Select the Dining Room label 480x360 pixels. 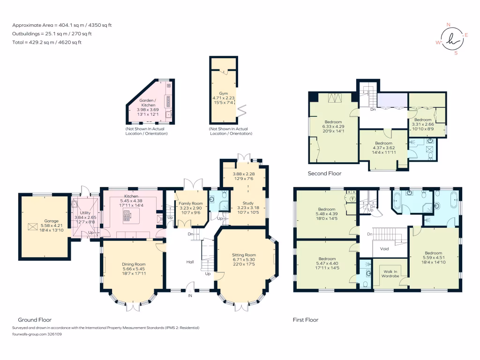click(x=134, y=264)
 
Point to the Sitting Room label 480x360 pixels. click(x=244, y=255)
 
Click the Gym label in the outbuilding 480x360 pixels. click(x=223, y=93)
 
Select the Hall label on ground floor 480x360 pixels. click(x=190, y=262)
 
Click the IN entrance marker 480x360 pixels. click(x=190, y=296)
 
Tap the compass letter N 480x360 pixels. click(x=448, y=25)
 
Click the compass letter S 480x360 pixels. click(x=456, y=53)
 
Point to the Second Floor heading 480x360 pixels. click(x=324, y=173)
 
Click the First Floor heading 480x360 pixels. click(x=306, y=320)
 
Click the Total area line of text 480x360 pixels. click(x=47, y=42)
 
